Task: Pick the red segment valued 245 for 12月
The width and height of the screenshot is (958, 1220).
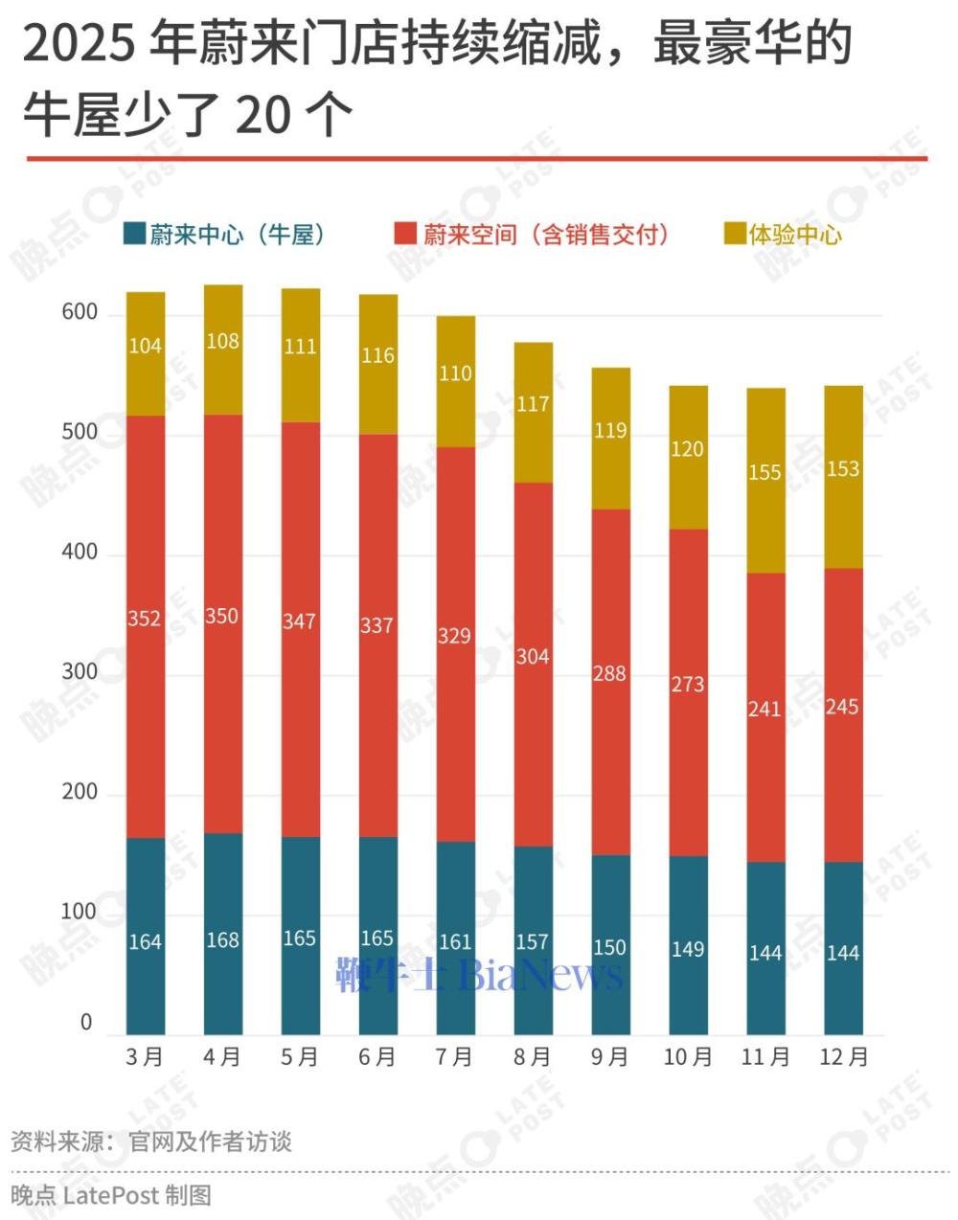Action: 843,713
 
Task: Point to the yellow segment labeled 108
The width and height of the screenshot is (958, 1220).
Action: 223,350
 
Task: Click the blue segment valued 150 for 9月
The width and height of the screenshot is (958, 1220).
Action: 610,944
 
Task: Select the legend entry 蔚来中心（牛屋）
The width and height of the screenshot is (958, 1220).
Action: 226,235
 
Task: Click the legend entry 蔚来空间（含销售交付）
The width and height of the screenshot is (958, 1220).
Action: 533,235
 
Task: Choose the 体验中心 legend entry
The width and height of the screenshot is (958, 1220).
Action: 784,235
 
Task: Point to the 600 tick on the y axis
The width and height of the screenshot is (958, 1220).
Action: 80,312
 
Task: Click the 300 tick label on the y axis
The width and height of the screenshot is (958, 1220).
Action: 80,672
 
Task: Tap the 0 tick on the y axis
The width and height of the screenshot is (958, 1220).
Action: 86,1023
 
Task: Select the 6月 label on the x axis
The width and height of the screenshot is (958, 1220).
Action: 377,1057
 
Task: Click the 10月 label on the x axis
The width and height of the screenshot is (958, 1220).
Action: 688,1057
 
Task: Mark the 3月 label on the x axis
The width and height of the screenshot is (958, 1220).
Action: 146,1057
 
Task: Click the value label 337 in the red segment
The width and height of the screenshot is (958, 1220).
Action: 377,625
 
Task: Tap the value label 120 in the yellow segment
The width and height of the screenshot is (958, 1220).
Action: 688,449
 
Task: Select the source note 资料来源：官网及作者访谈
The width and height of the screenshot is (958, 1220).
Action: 151,1141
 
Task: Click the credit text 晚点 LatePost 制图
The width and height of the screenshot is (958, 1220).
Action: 111,1195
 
